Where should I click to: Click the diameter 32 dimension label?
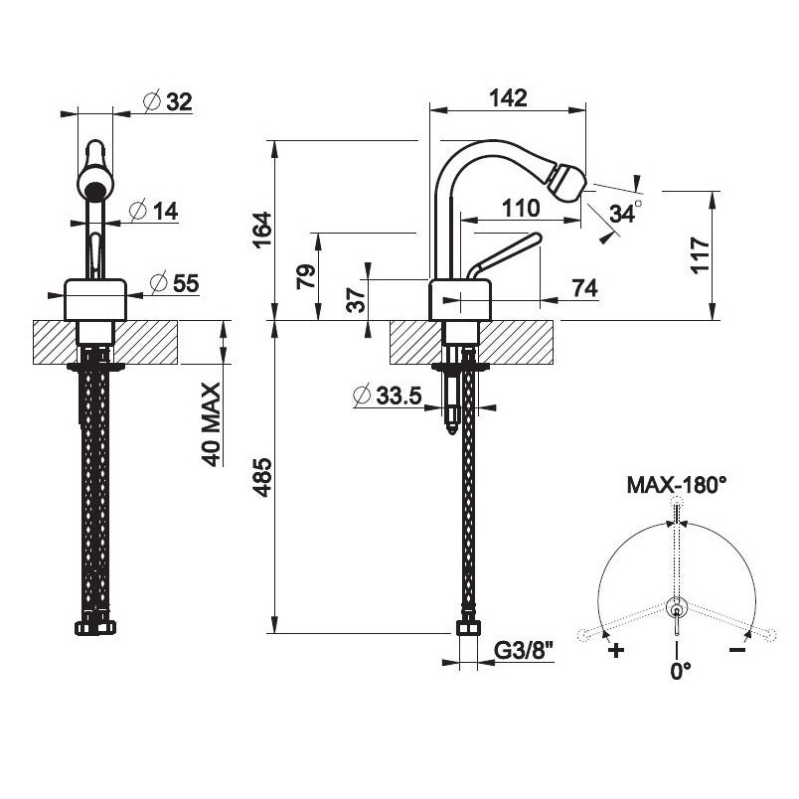click(167, 101)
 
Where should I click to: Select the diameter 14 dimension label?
click(153, 211)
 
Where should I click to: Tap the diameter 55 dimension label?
click(174, 283)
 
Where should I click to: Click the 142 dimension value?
click(507, 97)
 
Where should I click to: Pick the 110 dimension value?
click(519, 209)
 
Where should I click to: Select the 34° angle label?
click(625, 212)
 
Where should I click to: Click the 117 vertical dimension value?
click(701, 256)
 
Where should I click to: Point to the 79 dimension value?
click(307, 275)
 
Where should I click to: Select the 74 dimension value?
click(584, 287)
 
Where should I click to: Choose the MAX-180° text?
click(677, 486)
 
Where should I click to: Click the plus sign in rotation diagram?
click(616, 651)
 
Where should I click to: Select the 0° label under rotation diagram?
click(680, 671)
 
